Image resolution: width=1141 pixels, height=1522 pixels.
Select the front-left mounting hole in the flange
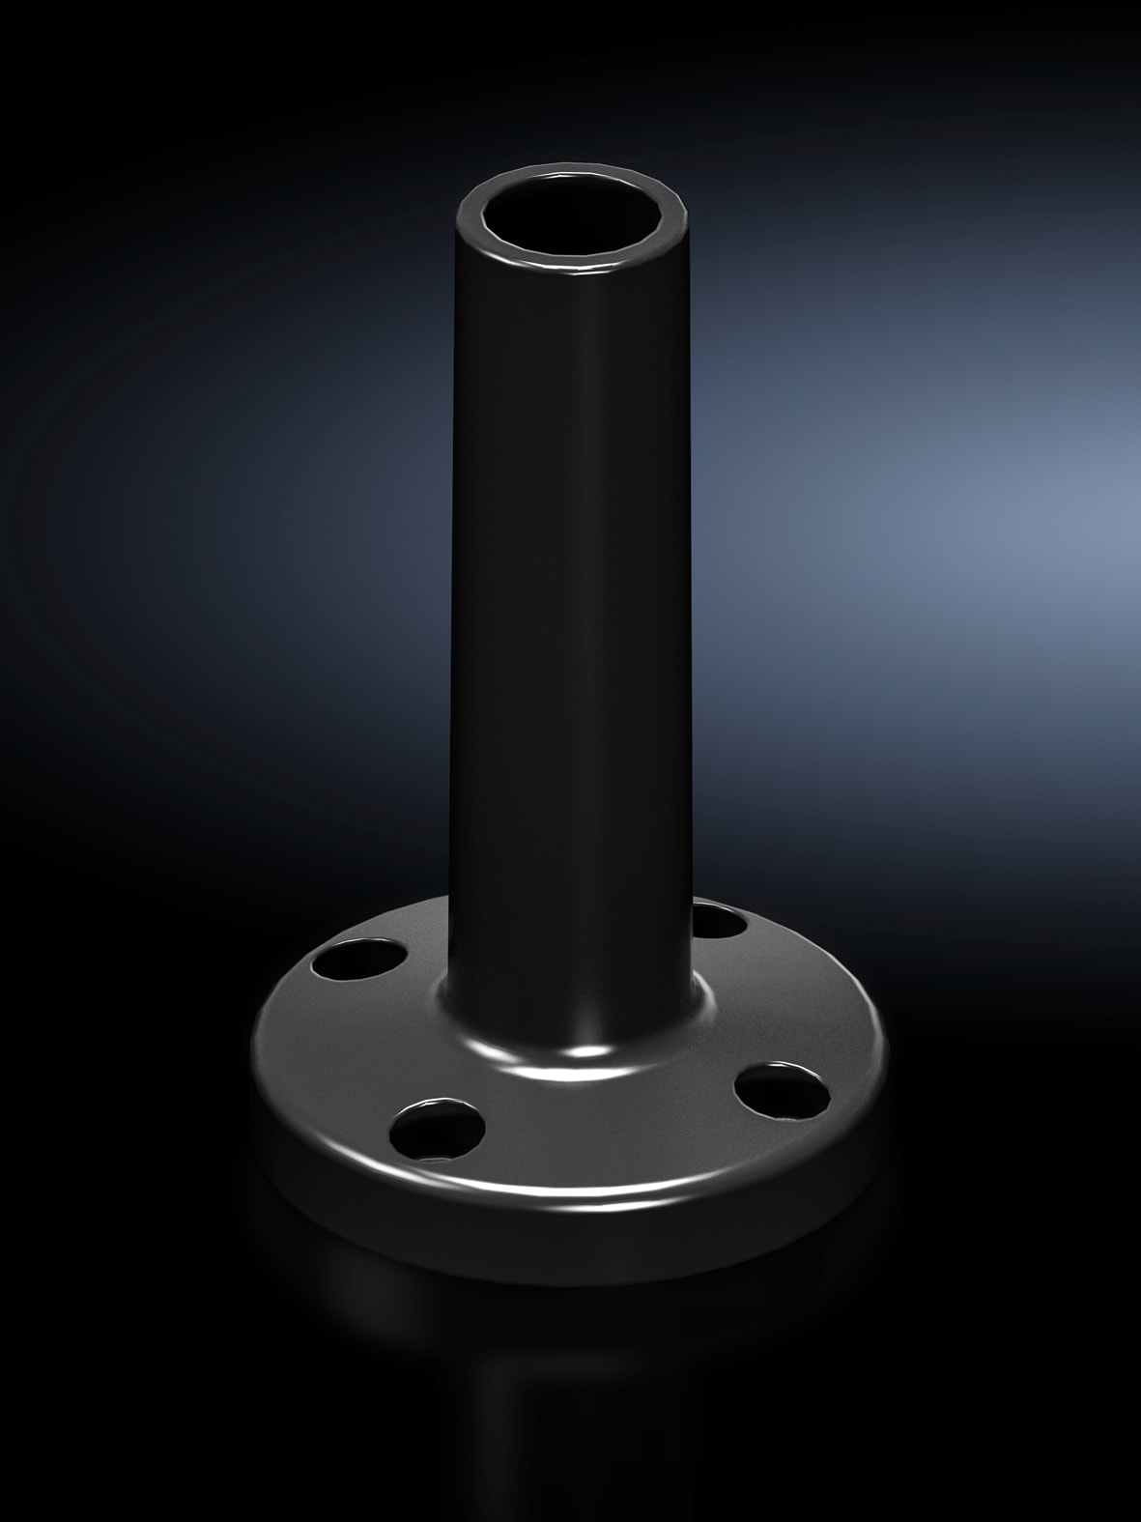[x=439, y=1127]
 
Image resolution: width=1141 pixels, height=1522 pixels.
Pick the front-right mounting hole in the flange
[x=782, y=1088]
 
